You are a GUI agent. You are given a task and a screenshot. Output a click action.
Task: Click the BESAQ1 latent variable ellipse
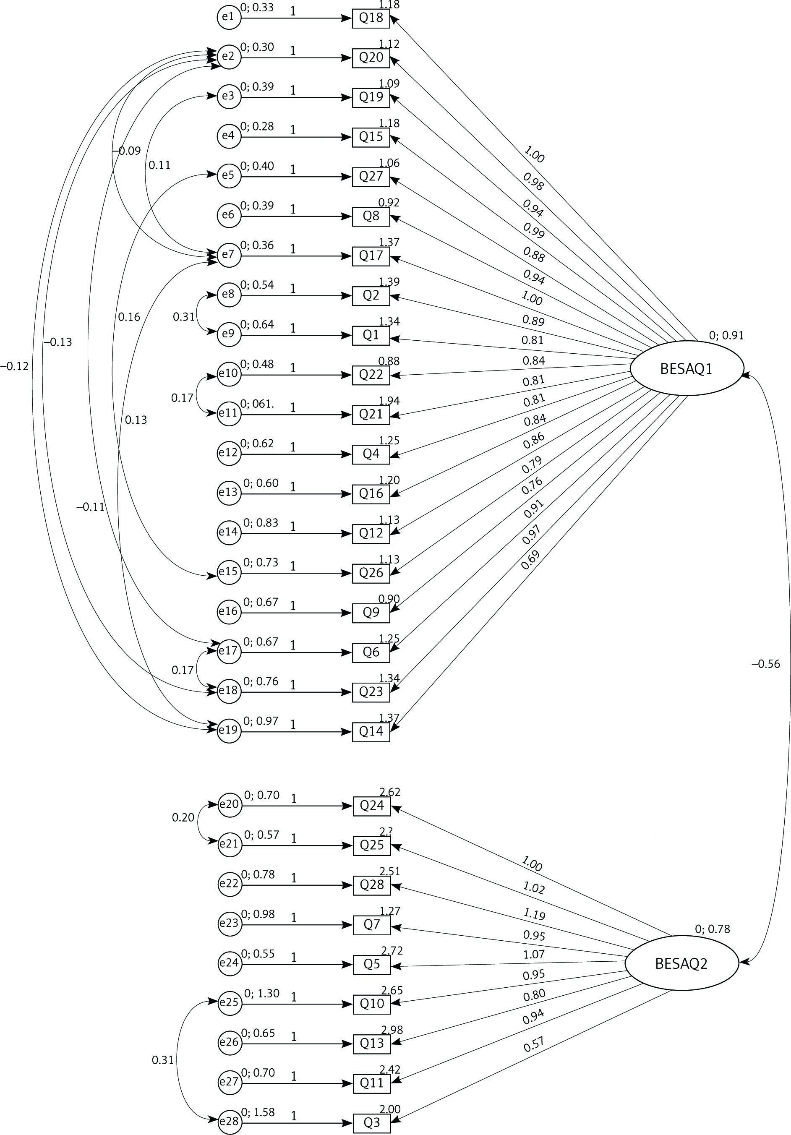point(686,369)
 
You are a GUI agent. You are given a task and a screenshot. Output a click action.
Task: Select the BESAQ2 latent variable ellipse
point(681,963)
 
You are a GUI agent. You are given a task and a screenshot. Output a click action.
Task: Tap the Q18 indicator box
point(371,18)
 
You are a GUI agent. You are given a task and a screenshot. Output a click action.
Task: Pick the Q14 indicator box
point(371,732)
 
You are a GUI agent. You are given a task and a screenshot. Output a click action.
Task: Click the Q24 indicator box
point(372,806)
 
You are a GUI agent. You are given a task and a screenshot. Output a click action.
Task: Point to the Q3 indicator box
point(372,1123)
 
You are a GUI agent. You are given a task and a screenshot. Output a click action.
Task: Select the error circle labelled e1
point(228,17)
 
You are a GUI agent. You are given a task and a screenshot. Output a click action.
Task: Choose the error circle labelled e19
point(228,731)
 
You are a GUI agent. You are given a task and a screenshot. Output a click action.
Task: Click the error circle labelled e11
point(228,414)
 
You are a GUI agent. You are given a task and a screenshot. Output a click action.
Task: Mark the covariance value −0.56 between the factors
point(765,664)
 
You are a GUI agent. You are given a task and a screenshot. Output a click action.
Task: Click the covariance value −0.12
point(14,366)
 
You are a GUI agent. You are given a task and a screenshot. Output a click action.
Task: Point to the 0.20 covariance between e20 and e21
point(183,818)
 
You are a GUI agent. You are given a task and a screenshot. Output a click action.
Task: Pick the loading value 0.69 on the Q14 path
point(530,560)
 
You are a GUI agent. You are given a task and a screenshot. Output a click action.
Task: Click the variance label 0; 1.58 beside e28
point(258,1112)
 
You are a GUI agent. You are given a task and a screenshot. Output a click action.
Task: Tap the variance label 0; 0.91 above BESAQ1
point(726,336)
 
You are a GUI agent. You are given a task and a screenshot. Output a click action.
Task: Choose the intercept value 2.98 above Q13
point(392,1030)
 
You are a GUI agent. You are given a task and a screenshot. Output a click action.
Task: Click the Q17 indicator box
point(371,256)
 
